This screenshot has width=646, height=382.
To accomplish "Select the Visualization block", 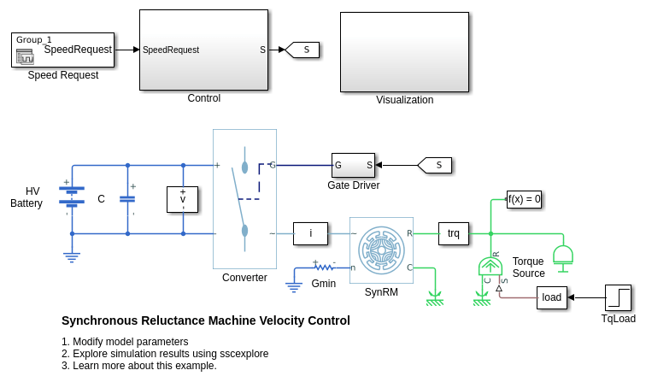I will click(404, 51).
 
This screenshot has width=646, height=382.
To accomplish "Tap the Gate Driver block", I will click(354, 165).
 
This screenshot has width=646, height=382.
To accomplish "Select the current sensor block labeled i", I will click(310, 232).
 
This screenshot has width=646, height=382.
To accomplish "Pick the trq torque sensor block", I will click(454, 232).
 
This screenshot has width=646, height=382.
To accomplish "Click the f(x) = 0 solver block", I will click(524, 199).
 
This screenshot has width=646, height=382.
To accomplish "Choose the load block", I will click(552, 297).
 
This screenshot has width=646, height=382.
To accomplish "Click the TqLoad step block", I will click(618, 297).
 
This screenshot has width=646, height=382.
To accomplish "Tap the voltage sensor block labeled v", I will click(182, 199).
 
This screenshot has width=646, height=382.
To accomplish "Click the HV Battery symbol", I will click(72, 196).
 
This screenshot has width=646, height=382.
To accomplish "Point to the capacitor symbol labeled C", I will click(127, 199).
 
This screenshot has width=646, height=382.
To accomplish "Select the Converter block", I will click(244, 198).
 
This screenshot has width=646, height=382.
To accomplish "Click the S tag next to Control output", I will click(303, 50).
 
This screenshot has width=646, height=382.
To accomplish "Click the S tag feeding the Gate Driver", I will click(436, 165).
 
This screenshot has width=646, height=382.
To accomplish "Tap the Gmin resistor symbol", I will click(323, 267).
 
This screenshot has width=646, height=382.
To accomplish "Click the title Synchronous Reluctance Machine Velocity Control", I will click(206, 320).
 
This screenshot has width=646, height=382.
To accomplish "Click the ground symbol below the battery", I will click(72, 254).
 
